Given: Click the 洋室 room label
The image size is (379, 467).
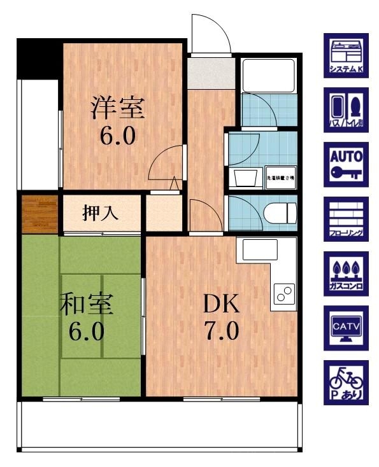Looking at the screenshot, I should (118, 107).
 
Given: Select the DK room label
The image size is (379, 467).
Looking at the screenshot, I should (221, 304).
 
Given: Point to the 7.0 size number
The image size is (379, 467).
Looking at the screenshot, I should (221, 331).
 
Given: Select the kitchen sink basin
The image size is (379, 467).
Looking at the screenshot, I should (254, 250).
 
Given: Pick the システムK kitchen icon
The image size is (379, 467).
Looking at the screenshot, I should (345, 55).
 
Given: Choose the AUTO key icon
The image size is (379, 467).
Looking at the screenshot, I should (345, 165).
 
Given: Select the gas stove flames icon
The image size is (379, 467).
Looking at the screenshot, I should (345, 274).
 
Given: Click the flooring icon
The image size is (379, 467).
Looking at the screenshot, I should (345, 219).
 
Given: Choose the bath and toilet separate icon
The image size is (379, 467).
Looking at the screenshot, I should (345, 110).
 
